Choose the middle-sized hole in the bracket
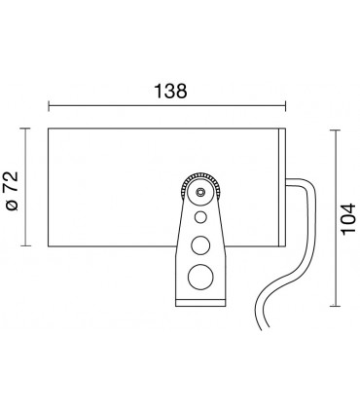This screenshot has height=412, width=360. click(x=199, y=244)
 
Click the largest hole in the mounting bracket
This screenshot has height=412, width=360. click(x=199, y=277)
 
